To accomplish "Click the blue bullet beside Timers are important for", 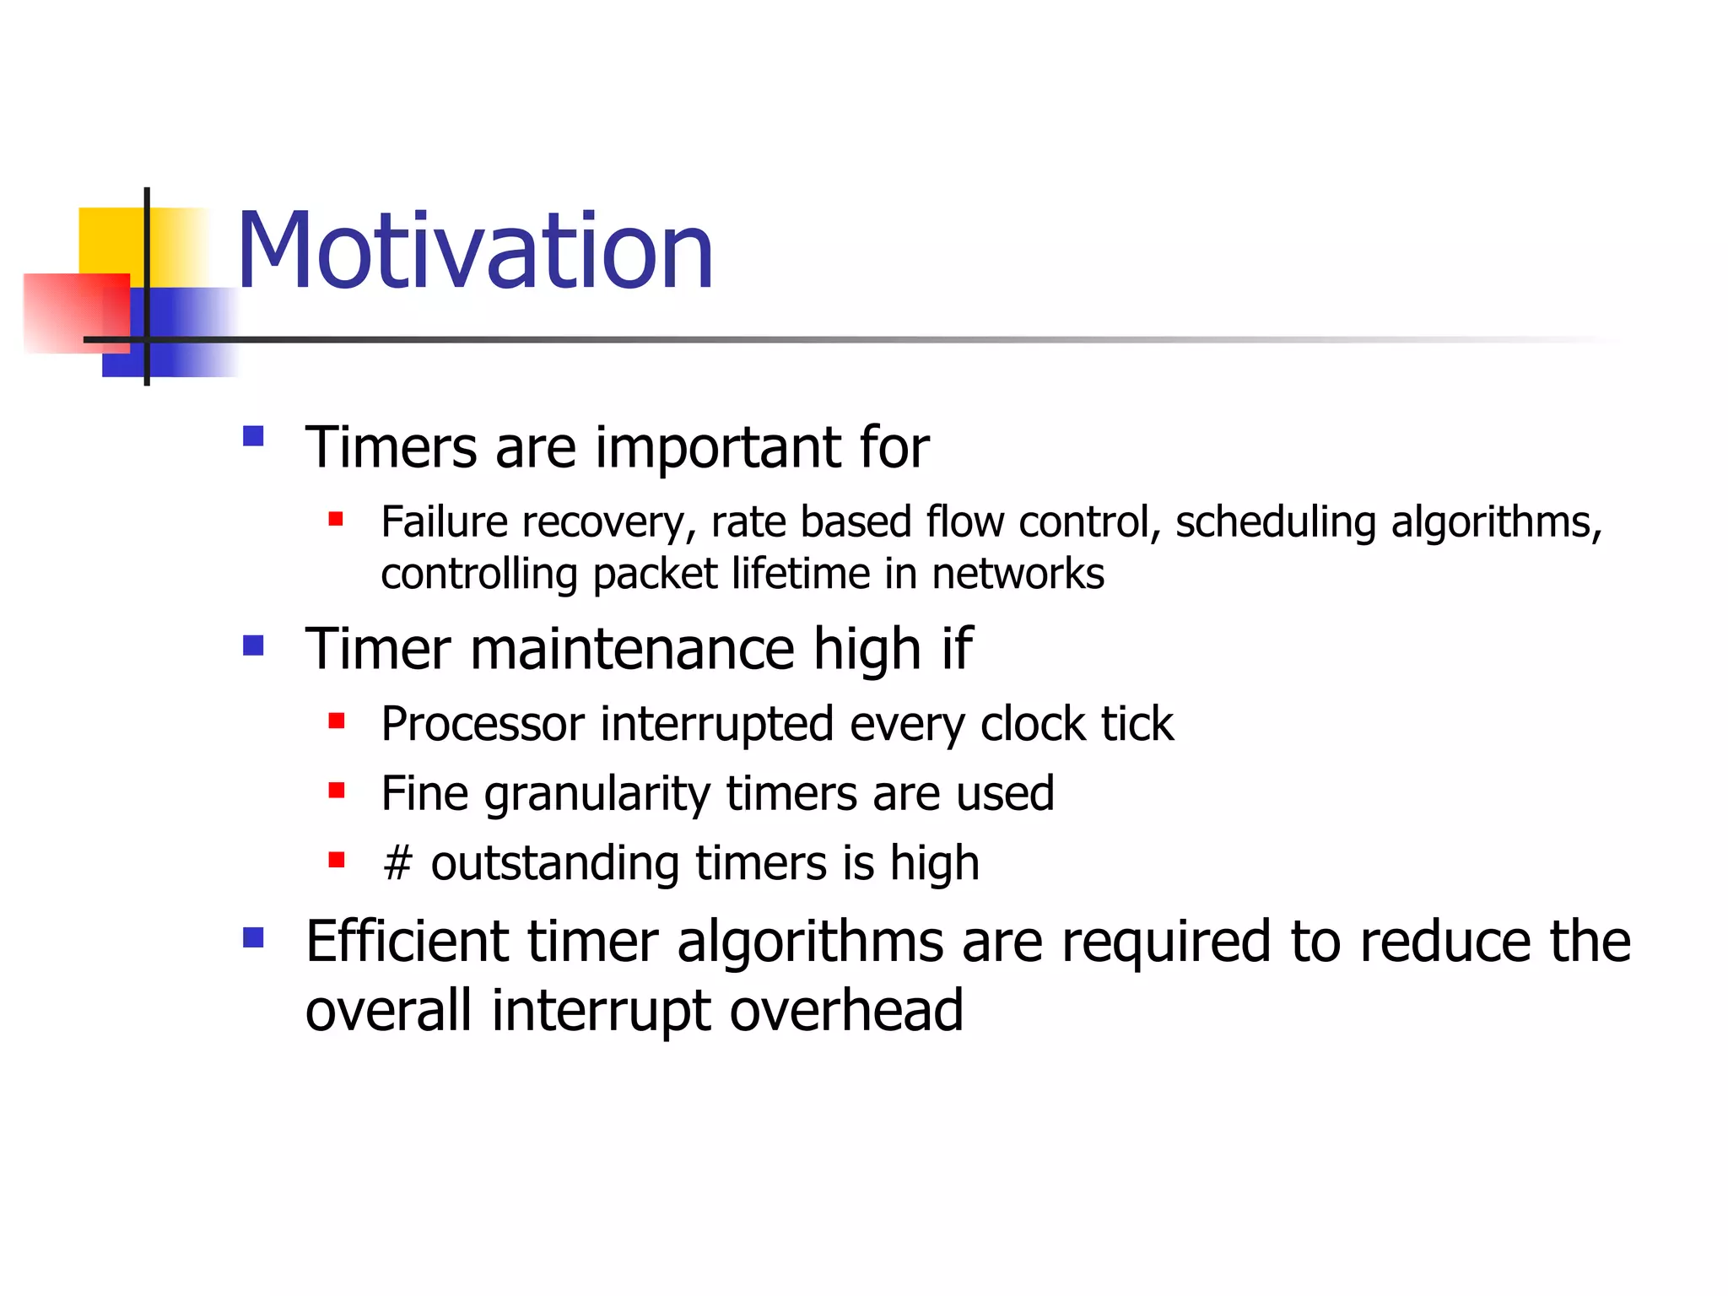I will coord(253,436).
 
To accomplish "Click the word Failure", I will coord(443,521).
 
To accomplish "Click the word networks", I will coord(1018,574).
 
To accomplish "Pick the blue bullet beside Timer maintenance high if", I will coord(253,645).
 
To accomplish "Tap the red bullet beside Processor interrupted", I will coord(337,721).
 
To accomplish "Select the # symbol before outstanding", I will coord(397,864).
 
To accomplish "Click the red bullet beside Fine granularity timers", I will coord(337,791).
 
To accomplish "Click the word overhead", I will coord(845,1010).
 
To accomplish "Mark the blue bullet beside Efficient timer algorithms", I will coord(253,937).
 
